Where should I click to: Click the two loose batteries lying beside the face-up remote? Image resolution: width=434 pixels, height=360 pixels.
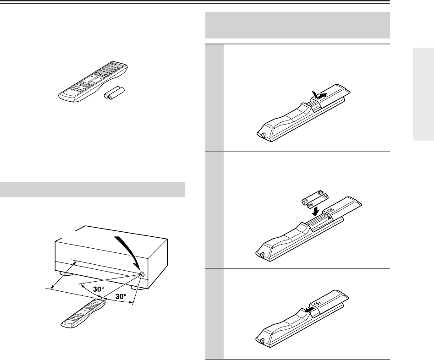[114, 93]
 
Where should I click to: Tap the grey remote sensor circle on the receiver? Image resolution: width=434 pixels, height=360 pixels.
[142, 274]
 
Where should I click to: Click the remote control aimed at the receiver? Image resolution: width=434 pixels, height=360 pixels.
[83, 314]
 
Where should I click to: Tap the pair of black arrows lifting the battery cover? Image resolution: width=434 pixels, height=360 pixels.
[319, 95]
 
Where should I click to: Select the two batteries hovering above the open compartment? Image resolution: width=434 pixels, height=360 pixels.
[315, 199]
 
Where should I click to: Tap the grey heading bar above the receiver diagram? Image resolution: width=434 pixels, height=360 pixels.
[92, 190]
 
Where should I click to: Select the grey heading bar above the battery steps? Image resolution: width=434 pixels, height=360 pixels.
[297, 25]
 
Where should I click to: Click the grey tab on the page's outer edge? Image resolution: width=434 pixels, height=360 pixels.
[423, 94]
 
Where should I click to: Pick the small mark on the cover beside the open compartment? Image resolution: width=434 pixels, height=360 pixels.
[330, 210]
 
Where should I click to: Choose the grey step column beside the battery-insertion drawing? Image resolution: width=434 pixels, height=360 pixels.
[214, 210]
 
